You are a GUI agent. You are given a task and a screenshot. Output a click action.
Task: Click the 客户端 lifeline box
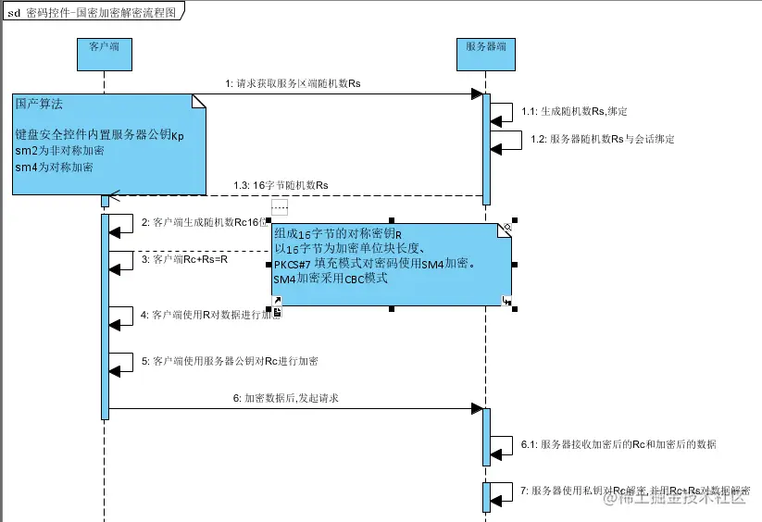click(105, 55)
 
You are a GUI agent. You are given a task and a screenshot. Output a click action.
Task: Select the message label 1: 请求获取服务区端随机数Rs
click(292, 83)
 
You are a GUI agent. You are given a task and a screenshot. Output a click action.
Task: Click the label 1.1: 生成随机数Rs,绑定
click(574, 111)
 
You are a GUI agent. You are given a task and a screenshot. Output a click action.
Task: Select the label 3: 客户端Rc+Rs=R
click(184, 260)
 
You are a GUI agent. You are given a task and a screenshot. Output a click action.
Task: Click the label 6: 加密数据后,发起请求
click(285, 398)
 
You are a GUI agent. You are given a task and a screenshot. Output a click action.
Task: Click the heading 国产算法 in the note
click(39, 106)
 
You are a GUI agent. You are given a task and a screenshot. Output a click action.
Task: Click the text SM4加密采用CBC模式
click(329, 278)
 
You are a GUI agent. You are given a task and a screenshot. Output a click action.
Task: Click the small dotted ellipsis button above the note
click(280, 206)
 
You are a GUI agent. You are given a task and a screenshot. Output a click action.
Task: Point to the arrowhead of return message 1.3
click(115, 195)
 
